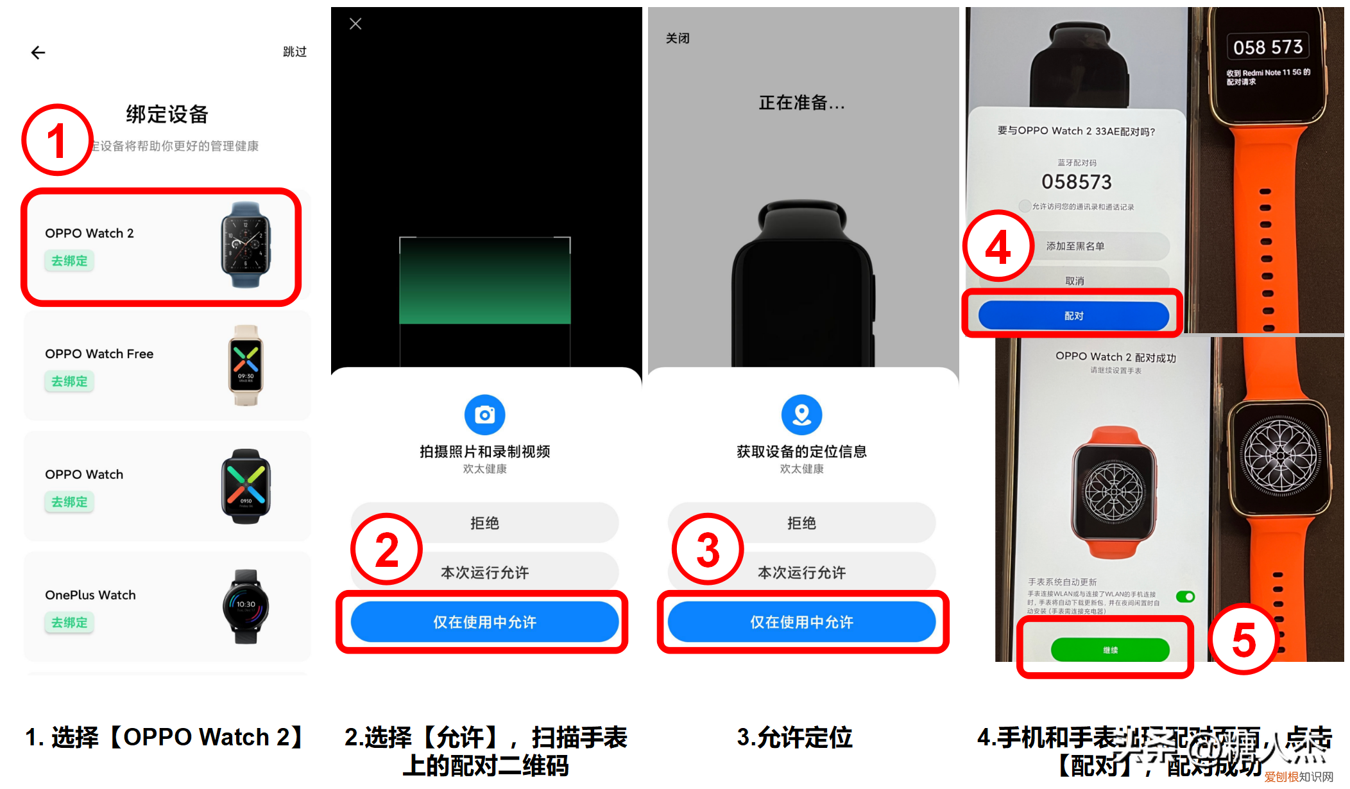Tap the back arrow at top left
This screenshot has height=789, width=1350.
[x=38, y=53]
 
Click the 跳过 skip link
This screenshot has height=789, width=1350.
[x=295, y=52]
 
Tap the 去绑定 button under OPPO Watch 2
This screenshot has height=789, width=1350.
[x=69, y=261]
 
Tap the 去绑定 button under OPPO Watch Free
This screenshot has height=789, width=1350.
[x=69, y=381]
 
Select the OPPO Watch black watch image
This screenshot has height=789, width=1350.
[x=246, y=486]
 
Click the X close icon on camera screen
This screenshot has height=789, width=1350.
[x=355, y=24]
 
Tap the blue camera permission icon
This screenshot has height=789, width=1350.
[x=484, y=415]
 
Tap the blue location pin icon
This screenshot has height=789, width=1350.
[x=801, y=415]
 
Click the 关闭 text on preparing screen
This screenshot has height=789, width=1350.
[x=678, y=39]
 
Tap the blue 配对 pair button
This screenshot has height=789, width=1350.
[x=1073, y=316]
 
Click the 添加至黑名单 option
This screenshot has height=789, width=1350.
[x=1075, y=246]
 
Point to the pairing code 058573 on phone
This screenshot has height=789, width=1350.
[x=1076, y=182]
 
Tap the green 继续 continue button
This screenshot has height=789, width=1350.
[x=1110, y=650]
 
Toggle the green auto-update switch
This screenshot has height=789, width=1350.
[x=1185, y=597]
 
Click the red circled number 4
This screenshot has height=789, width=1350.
[x=998, y=247]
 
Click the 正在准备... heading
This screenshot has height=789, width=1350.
[x=801, y=103]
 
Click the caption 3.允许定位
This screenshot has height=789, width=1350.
[x=794, y=737]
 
